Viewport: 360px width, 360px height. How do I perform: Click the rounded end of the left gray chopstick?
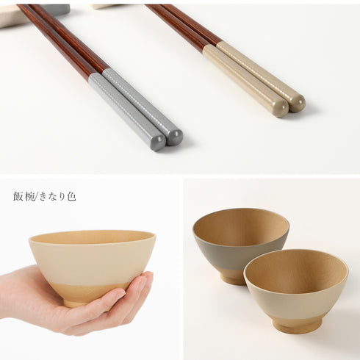159,143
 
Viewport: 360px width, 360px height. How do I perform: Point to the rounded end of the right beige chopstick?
298,103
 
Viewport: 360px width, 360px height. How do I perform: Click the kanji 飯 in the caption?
18,197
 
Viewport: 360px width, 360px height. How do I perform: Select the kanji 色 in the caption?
71,197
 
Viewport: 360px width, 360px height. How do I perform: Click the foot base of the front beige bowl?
297,325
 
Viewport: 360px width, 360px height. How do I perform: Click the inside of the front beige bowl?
295,272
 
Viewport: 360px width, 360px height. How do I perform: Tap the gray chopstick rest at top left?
61,10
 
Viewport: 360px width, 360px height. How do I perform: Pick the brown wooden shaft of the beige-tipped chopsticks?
184,24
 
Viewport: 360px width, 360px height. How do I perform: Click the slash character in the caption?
37,197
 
